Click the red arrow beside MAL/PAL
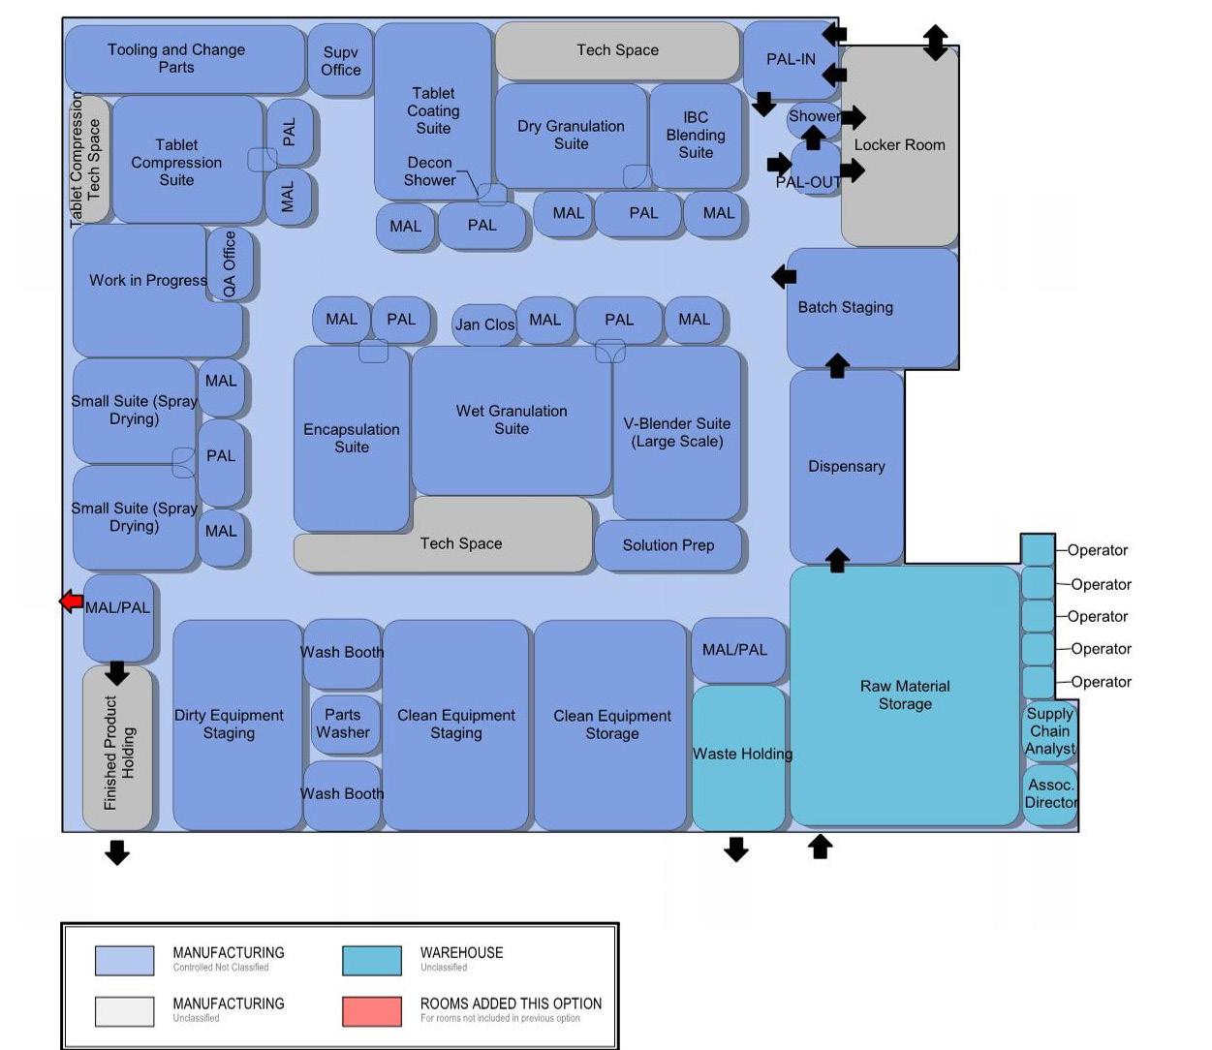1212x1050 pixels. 71,602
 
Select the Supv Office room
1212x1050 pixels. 340,61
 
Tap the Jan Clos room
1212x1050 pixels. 484,324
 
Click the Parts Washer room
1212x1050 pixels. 343,723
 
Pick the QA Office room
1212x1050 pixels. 230,263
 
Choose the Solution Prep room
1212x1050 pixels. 668,545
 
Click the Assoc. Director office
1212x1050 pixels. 1050,794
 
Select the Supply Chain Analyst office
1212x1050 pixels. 1050,731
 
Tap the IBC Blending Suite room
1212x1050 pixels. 696,135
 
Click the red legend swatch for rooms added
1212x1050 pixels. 372,1010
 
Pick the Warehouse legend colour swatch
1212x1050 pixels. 372,960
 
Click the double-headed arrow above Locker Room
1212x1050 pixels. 935,42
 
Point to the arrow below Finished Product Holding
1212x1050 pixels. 117,852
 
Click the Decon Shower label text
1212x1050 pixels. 429,171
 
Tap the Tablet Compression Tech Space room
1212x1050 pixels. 92,160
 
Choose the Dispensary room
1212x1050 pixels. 846,466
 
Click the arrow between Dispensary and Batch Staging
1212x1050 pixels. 837,366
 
